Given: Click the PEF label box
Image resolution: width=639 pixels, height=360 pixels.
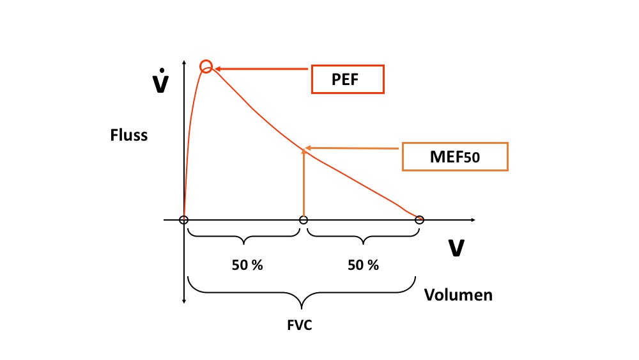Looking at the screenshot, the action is pyautogui.click(x=348, y=79).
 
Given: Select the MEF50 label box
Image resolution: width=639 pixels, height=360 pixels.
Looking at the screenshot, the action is pyautogui.click(x=455, y=157).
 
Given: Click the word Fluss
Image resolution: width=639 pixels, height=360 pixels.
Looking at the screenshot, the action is pyautogui.click(x=129, y=135).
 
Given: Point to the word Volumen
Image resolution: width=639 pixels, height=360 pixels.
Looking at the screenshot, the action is pyautogui.click(x=458, y=295).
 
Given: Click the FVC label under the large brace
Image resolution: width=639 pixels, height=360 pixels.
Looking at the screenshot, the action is pyautogui.click(x=300, y=325).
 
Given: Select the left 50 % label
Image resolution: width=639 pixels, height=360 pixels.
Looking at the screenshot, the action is pyautogui.click(x=247, y=265).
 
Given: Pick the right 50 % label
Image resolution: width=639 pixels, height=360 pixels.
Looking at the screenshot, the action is pyautogui.click(x=363, y=265).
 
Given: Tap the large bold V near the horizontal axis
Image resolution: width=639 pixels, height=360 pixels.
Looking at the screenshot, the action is pyautogui.click(x=456, y=248).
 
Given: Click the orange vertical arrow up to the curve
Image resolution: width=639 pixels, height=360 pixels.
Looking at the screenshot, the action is pyautogui.click(x=304, y=183).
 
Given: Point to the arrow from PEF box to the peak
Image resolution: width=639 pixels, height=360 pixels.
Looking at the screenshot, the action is pyautogui.click(x=261, y=69).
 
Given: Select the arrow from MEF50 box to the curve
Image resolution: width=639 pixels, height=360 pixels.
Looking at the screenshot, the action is pyautogui.click(x=351, y=148).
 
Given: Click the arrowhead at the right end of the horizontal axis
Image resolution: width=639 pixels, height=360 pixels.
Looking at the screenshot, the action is pyautogui.click(x=473, y=220).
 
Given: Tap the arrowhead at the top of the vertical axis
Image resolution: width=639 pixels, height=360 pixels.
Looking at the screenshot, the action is pyautogui.click(x=184, y=63).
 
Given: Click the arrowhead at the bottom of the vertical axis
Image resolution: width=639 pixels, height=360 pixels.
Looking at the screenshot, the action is pyautogui.click(x=184, y=301).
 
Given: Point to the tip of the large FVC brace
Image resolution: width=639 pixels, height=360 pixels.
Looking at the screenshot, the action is pyautogui.click(x=302, y=309).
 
